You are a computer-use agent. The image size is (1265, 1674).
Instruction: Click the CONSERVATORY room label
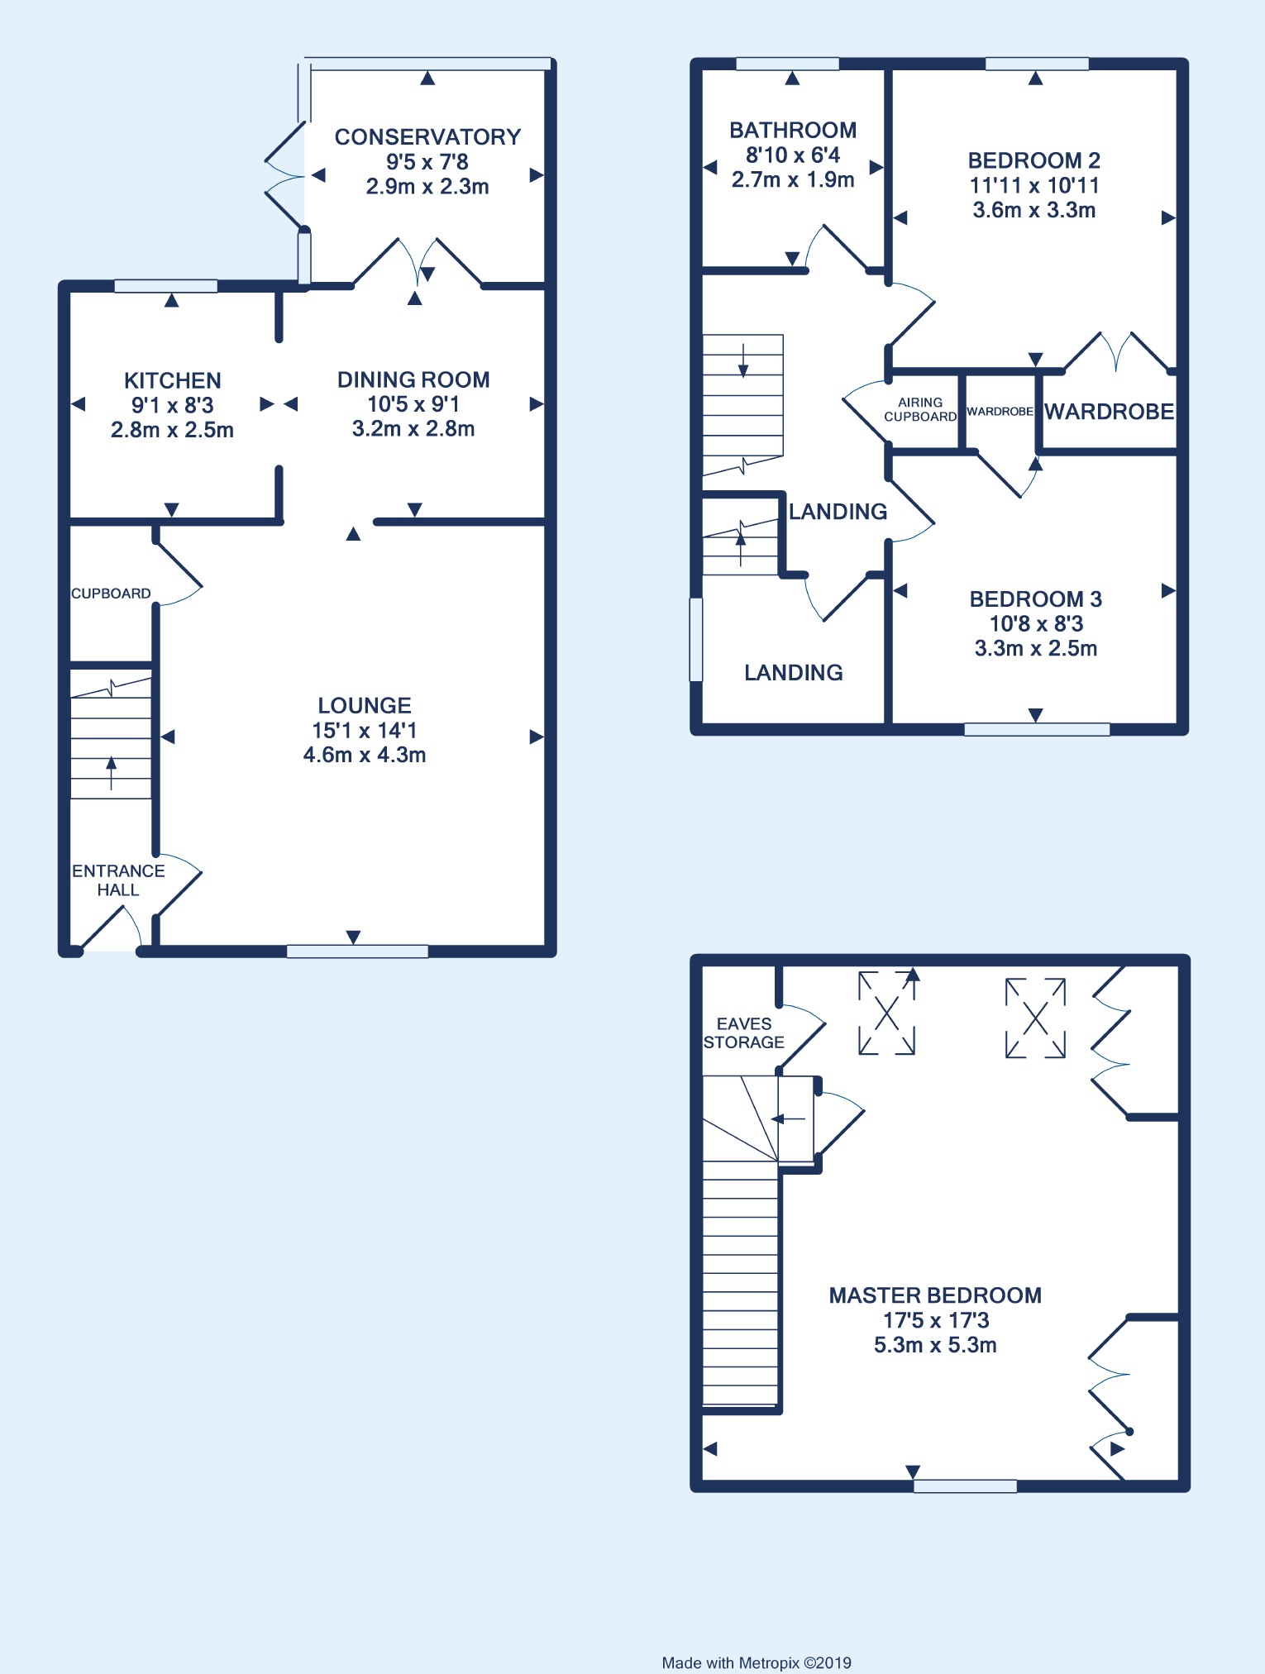tap(427, 136)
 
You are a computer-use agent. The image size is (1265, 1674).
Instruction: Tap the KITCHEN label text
tap(173, 380)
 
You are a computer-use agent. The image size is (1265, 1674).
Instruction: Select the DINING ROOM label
tap(413, 379)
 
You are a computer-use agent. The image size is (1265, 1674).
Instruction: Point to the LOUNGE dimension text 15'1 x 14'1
tap(365, 730)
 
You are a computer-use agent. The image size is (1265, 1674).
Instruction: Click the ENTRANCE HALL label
tap(118, 880)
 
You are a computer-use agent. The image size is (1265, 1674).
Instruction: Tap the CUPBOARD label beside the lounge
tap(111, 594)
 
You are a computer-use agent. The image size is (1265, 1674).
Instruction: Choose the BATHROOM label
tap(793, 130)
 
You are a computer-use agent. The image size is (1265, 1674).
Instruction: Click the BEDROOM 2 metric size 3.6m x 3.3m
tap(1034, 210)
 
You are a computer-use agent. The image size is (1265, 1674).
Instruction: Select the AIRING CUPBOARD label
tap(920, 409)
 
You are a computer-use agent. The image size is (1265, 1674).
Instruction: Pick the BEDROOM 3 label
tap(1036, 599)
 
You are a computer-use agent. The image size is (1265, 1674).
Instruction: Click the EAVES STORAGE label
tap(744, 1033)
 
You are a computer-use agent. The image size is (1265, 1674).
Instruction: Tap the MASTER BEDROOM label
tap(935, 1295)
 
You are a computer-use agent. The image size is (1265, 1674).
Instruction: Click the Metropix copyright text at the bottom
tap(757, 1662)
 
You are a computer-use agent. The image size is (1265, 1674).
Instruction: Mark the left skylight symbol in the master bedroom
tap(887, 1013)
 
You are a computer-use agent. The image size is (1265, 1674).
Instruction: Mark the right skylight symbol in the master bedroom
tap(1035, 1018)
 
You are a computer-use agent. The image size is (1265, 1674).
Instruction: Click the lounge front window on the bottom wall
tap(357, 951)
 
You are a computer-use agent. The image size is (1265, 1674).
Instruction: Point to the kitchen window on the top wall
tap(165, 286)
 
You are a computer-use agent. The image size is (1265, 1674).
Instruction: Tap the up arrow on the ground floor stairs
tap(112, 773)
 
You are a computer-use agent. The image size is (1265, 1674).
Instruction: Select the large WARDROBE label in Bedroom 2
tap(1109, 412)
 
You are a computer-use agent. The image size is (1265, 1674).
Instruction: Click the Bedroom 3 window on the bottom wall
tap(1037, 729)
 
